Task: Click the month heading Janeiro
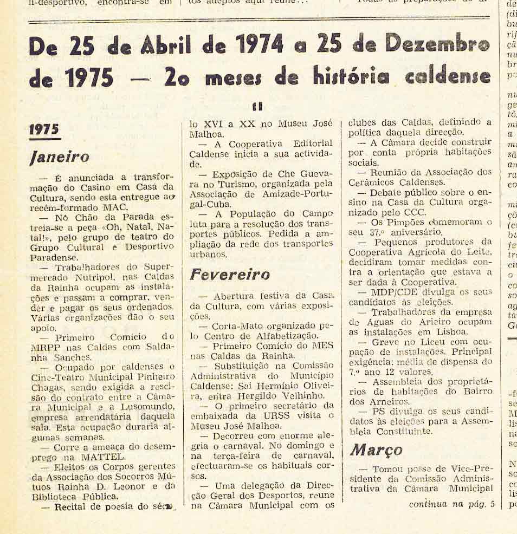coord(60,157)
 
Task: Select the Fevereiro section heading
coord(230,275)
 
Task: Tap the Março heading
coord(376,450)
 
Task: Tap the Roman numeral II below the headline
coord(258,107)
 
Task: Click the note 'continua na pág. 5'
coord(452,504)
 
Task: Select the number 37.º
coord(378,232)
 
